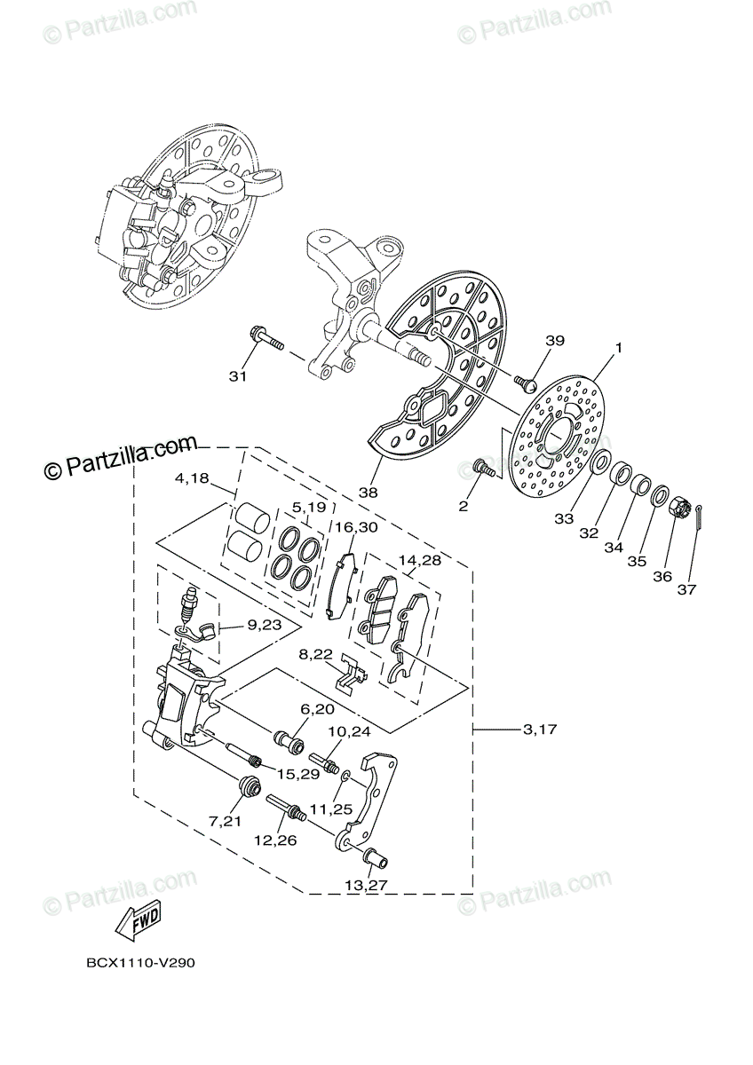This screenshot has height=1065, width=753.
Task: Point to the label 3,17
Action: [x=540, y=730]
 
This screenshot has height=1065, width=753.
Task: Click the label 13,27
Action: [x=366, y=885]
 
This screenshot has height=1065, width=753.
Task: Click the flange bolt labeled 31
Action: [x=264, y=339]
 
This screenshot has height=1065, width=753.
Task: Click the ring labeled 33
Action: [x=601, y=461]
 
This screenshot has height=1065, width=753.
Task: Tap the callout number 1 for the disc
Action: [x=618, y=348]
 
